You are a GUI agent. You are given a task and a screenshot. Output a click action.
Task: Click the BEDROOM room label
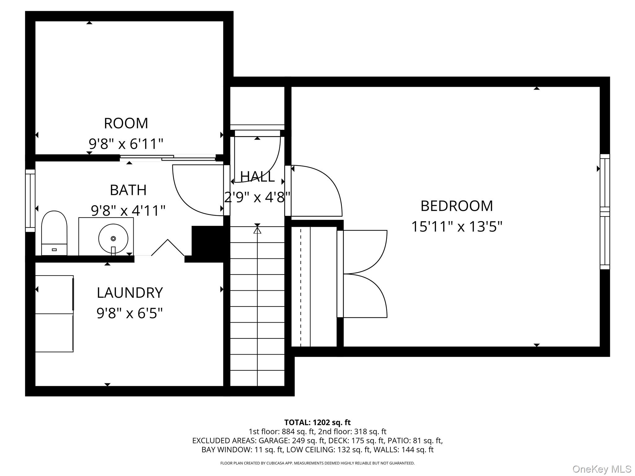456,206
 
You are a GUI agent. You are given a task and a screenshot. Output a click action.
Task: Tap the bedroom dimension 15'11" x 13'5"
456,227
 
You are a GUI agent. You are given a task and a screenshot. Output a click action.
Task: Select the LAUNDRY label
130,293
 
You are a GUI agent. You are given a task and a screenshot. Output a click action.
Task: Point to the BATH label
128,190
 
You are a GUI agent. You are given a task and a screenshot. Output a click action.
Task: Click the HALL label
257,177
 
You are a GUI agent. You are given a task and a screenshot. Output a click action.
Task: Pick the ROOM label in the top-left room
126,123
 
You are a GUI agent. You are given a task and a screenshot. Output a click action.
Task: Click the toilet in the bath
54,233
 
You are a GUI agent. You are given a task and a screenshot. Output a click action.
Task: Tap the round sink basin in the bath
113,238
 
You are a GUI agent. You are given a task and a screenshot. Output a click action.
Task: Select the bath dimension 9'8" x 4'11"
128,210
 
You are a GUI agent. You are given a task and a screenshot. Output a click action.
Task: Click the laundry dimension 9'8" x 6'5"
130,313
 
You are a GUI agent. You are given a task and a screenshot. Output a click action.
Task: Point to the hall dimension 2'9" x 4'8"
257,197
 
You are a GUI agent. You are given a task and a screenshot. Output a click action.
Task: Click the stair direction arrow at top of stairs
257,230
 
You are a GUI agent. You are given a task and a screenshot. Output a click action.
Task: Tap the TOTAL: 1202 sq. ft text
317,422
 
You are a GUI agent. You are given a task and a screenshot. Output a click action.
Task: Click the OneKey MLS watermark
602,469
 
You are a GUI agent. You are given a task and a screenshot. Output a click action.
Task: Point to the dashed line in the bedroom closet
300,287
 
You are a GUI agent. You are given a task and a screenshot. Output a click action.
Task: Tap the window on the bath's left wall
30,201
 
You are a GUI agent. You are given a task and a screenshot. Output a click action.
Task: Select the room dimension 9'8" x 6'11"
126,144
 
